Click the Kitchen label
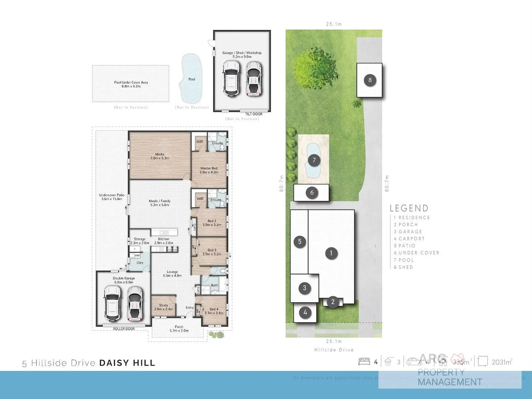click(164, 239)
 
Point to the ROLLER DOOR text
click(124, 329)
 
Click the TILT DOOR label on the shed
click(254, 114)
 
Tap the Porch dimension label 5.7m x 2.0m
click(179, 331)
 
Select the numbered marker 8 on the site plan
click(370, 80)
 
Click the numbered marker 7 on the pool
click(314, 160)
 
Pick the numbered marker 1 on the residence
click(331, 253)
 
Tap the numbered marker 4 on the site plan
click(305, 313)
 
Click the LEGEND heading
click(409, 208)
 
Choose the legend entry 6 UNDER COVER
click(416, 253)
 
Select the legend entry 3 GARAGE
click(408, 232)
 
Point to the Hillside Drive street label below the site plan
click(334, 350)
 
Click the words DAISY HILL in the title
click(127, 363)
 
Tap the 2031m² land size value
click(502, 362)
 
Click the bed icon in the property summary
click(364, 362)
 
